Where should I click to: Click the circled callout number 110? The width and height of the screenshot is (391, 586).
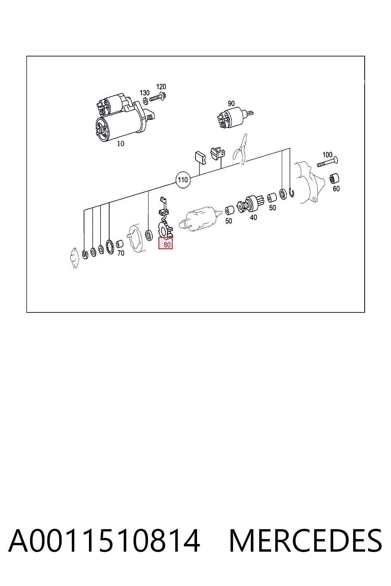click(183, 180)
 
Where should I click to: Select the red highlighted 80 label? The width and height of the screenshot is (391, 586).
click(165, 243)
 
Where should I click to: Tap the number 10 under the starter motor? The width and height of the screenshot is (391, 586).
click(120, 143)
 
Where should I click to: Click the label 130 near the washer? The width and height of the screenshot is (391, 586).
click(145, 93)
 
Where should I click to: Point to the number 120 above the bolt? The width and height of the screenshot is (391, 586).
click(161, 87)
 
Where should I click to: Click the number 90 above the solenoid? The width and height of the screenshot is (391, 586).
click(231, 103)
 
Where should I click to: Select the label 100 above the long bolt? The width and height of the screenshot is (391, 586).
click(327, 155)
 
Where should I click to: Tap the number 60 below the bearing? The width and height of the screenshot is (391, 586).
click(336, 188)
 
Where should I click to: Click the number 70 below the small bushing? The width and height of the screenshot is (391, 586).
click(121, 253)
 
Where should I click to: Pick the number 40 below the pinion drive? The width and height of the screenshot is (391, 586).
click(253, 217)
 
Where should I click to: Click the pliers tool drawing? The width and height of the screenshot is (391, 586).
click(241, 149)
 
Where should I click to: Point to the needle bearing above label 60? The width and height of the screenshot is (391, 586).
click(334, 179)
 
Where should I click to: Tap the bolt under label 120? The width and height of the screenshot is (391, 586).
click(158, 98)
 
